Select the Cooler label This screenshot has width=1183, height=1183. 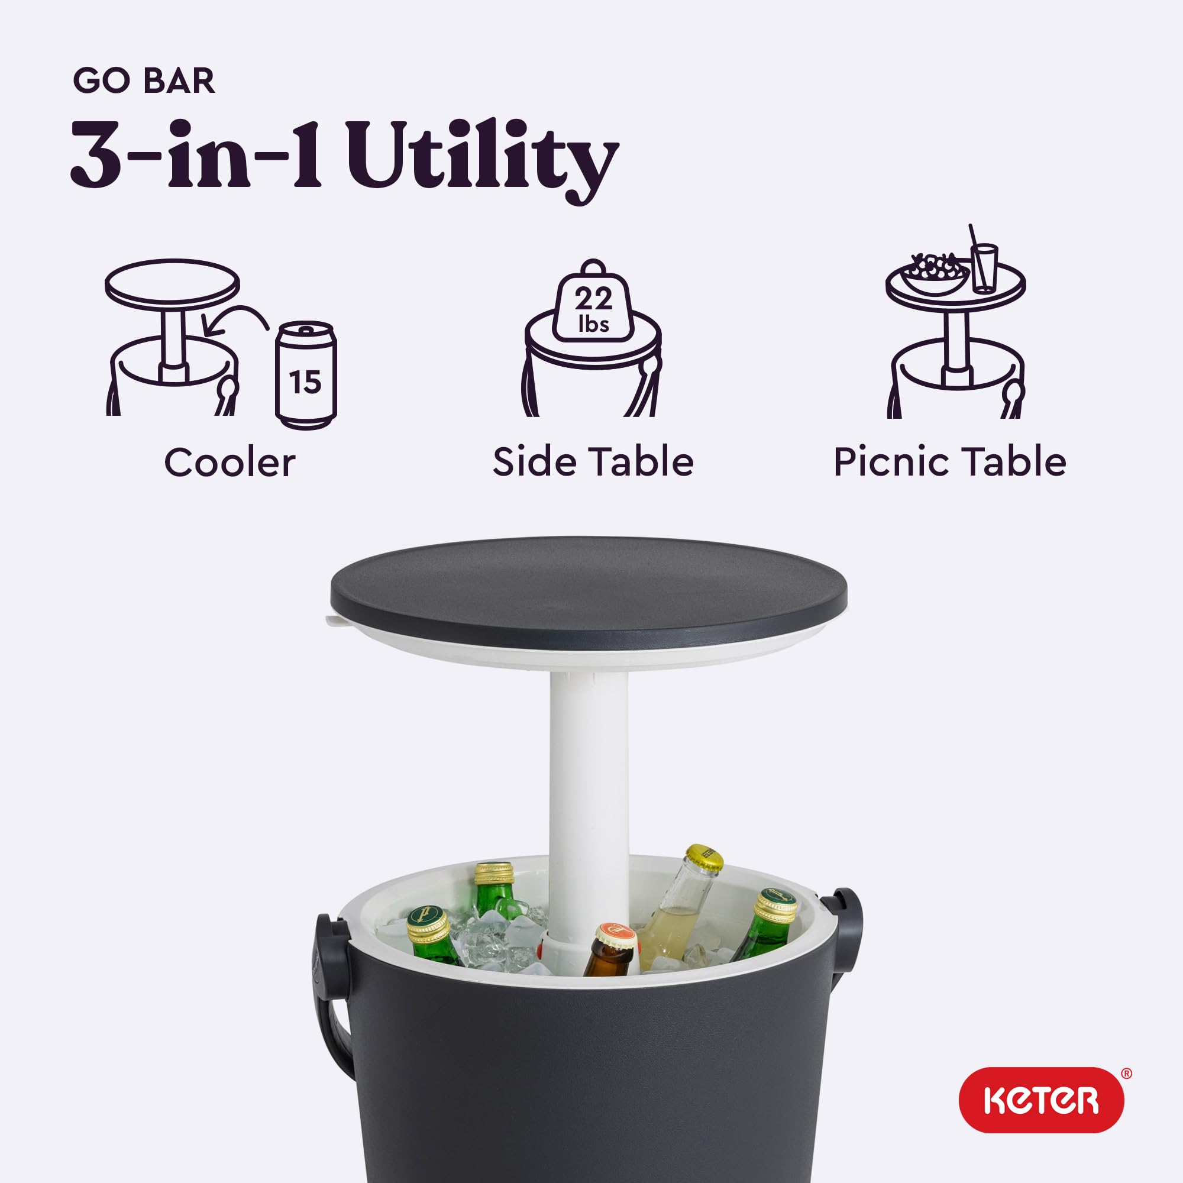[x=230, y=463]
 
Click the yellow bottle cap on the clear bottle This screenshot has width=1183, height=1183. [x=704, y=857]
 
